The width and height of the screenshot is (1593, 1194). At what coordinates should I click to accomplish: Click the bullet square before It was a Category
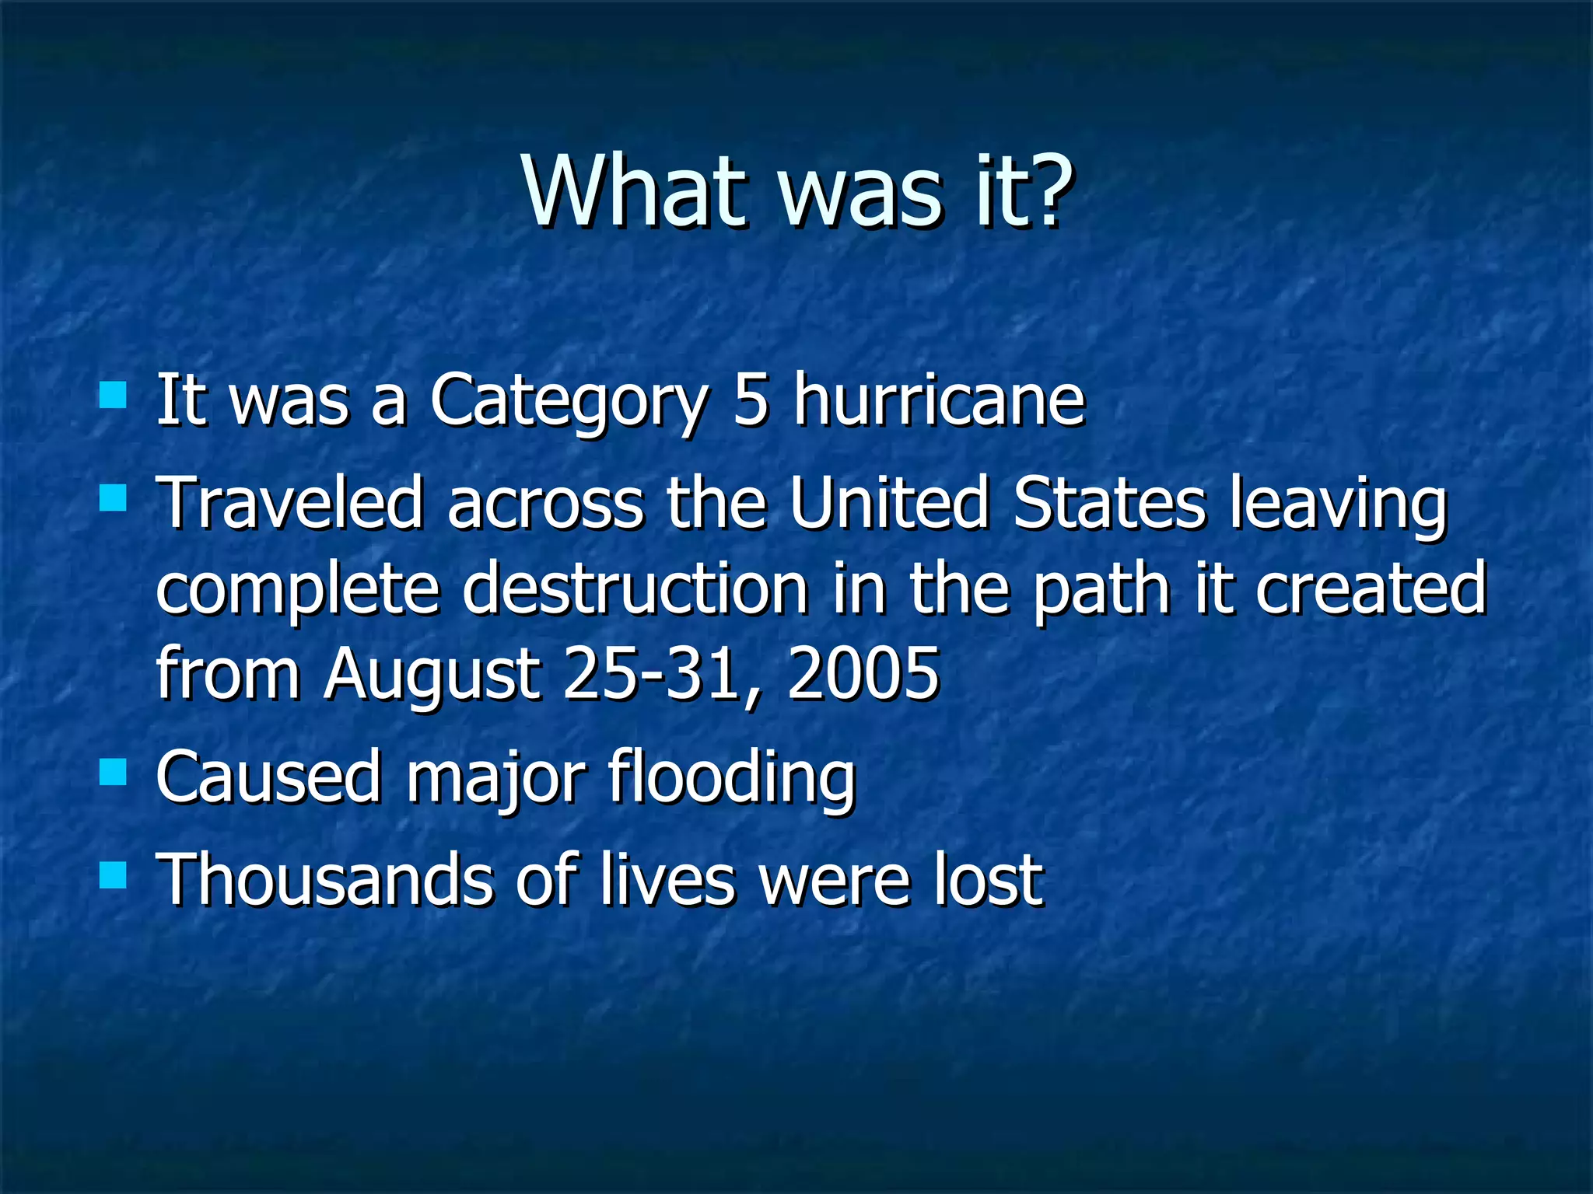tap(113, 395)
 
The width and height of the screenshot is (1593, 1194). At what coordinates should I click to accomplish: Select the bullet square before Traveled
tap(113, 497)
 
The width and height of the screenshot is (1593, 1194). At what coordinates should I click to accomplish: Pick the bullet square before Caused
tap(113, 772)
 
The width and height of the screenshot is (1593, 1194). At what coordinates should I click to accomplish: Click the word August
tap(432, 675)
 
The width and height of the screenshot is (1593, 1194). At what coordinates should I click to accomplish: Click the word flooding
tap(731, 777)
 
